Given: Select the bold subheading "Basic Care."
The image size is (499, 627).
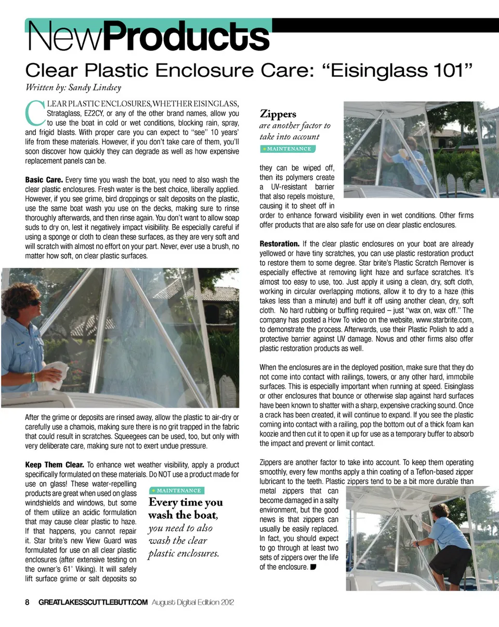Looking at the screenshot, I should coord(44,180).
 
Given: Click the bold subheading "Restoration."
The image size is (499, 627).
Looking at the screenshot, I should coord(279,244).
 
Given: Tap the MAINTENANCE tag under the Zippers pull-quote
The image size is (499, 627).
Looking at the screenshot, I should coord(287,149).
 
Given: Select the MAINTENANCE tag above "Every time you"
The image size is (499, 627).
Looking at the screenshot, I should coord(176,490).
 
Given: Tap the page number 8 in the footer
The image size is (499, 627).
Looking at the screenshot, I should coord(28,602).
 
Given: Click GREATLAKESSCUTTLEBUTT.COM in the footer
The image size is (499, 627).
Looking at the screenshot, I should coord(93,602).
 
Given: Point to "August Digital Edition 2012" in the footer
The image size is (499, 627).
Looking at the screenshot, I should coord(193,602).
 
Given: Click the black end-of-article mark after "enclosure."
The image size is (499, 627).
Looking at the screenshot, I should coord(313,567).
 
